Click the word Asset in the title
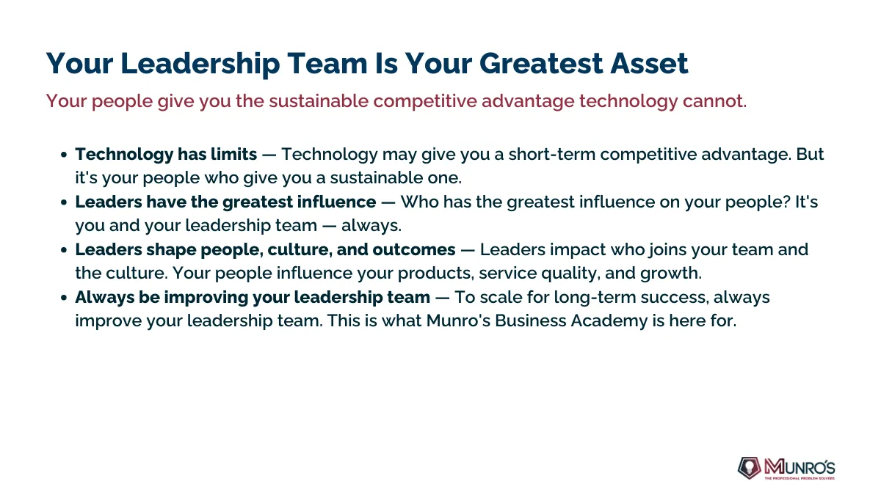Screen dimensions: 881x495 click(x=649, y=63)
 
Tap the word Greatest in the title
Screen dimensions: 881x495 click(x=541, y=63)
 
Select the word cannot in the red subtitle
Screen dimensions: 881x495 click(x=712, y=101)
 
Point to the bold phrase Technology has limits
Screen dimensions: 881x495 click(x=166, y=155)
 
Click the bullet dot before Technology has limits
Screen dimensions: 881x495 click(x=64, y=155)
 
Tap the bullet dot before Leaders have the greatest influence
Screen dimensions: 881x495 click(x=64, y=202)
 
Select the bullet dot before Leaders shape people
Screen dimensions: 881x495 click(x=64, y=250)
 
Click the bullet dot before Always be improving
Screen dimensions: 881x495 click(x=64, y=298)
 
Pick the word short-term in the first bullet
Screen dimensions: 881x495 click(x=552, y=155)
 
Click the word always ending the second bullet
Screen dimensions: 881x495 click(x=370, y=226)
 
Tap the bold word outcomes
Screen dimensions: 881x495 click(x=414, y=250)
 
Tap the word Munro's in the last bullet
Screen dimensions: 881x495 click(x=458, y=321)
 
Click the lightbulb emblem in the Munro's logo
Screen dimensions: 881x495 click(x=750, y=468)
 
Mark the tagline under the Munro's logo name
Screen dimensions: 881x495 click(x=800, y=478)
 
